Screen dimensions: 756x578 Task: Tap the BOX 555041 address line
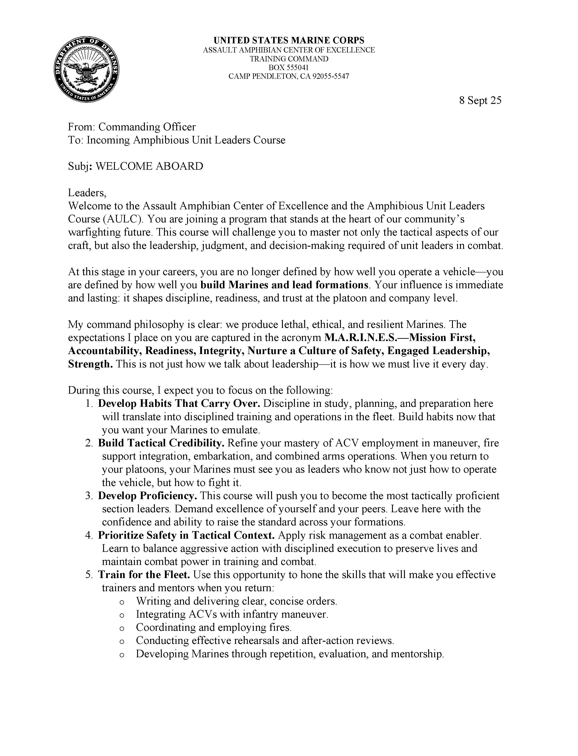point(289,67)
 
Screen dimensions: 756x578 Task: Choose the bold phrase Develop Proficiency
point(147,496)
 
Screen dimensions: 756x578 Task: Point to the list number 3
point(89,496)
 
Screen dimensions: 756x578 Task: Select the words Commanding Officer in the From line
point(147,127)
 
